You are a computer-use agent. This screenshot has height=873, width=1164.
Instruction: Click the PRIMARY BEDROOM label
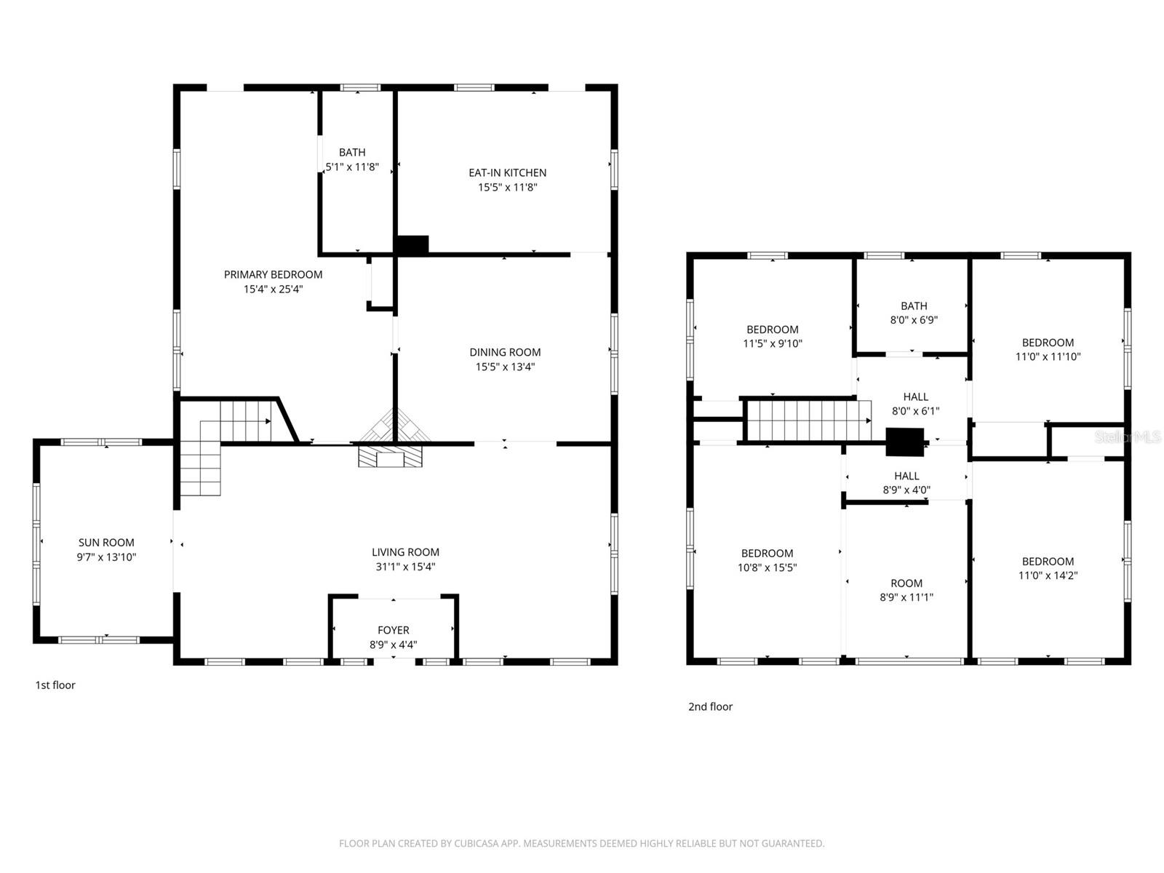pos(273,274)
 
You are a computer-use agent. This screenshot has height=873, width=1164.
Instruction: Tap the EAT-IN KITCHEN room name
pos(507,172)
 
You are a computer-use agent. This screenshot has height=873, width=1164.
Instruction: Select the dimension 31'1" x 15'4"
pos(405,567)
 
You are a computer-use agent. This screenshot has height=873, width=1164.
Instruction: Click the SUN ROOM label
pos(106,542)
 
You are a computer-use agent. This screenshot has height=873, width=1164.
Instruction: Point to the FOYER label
pos(393,630)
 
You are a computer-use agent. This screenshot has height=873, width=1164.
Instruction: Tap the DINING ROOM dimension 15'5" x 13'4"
pos(505,367)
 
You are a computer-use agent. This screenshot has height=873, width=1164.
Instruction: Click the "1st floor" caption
pos(55,685)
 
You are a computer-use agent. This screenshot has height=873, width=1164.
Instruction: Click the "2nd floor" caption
pos(710,706)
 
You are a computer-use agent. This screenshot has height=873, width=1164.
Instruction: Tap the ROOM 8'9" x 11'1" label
pos(906,590)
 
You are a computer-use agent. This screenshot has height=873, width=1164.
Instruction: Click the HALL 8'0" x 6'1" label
pos(915,404)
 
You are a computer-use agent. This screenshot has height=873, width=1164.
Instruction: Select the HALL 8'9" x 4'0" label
pos(906,483)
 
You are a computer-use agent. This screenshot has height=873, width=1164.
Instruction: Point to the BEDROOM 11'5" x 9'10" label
pos(772,336)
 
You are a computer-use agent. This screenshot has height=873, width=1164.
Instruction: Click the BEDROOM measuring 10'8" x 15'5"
pos(767,560)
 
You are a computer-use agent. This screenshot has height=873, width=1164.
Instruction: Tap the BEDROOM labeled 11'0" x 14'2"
pos(1048,568)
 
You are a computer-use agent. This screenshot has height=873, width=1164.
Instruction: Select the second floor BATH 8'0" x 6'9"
pos(914,313)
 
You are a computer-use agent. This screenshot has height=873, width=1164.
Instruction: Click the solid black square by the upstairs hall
pos(904,442)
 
